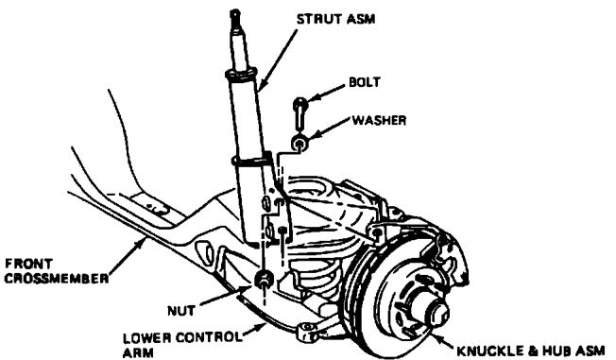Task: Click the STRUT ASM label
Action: (336, 19)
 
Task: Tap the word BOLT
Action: (365, 82)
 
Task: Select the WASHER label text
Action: (379, 120)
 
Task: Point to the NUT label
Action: (181, 311)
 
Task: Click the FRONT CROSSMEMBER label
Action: (56, 271)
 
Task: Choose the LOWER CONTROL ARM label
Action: (182, 345)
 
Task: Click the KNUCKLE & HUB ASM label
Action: (530, 351)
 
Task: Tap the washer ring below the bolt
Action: (299, 143)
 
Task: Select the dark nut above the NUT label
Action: (264, 279)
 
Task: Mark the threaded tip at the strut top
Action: (235, 16)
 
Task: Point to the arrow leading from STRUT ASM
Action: (278, 59)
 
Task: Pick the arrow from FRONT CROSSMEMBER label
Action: (126, 257)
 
